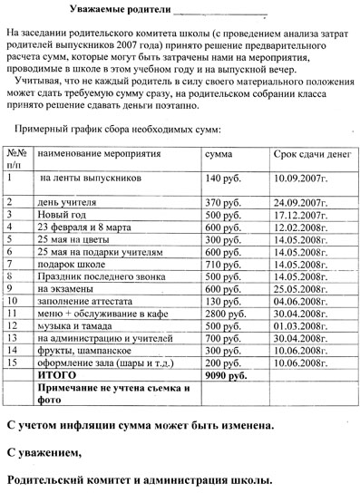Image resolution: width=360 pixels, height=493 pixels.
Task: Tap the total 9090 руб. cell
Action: (x=227, y=373)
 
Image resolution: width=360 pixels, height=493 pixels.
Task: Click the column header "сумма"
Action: (x=223, y=154)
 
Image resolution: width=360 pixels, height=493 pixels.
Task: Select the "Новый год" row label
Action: (x=62, y=214)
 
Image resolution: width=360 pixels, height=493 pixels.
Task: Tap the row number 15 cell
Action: (x=13, y=361)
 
